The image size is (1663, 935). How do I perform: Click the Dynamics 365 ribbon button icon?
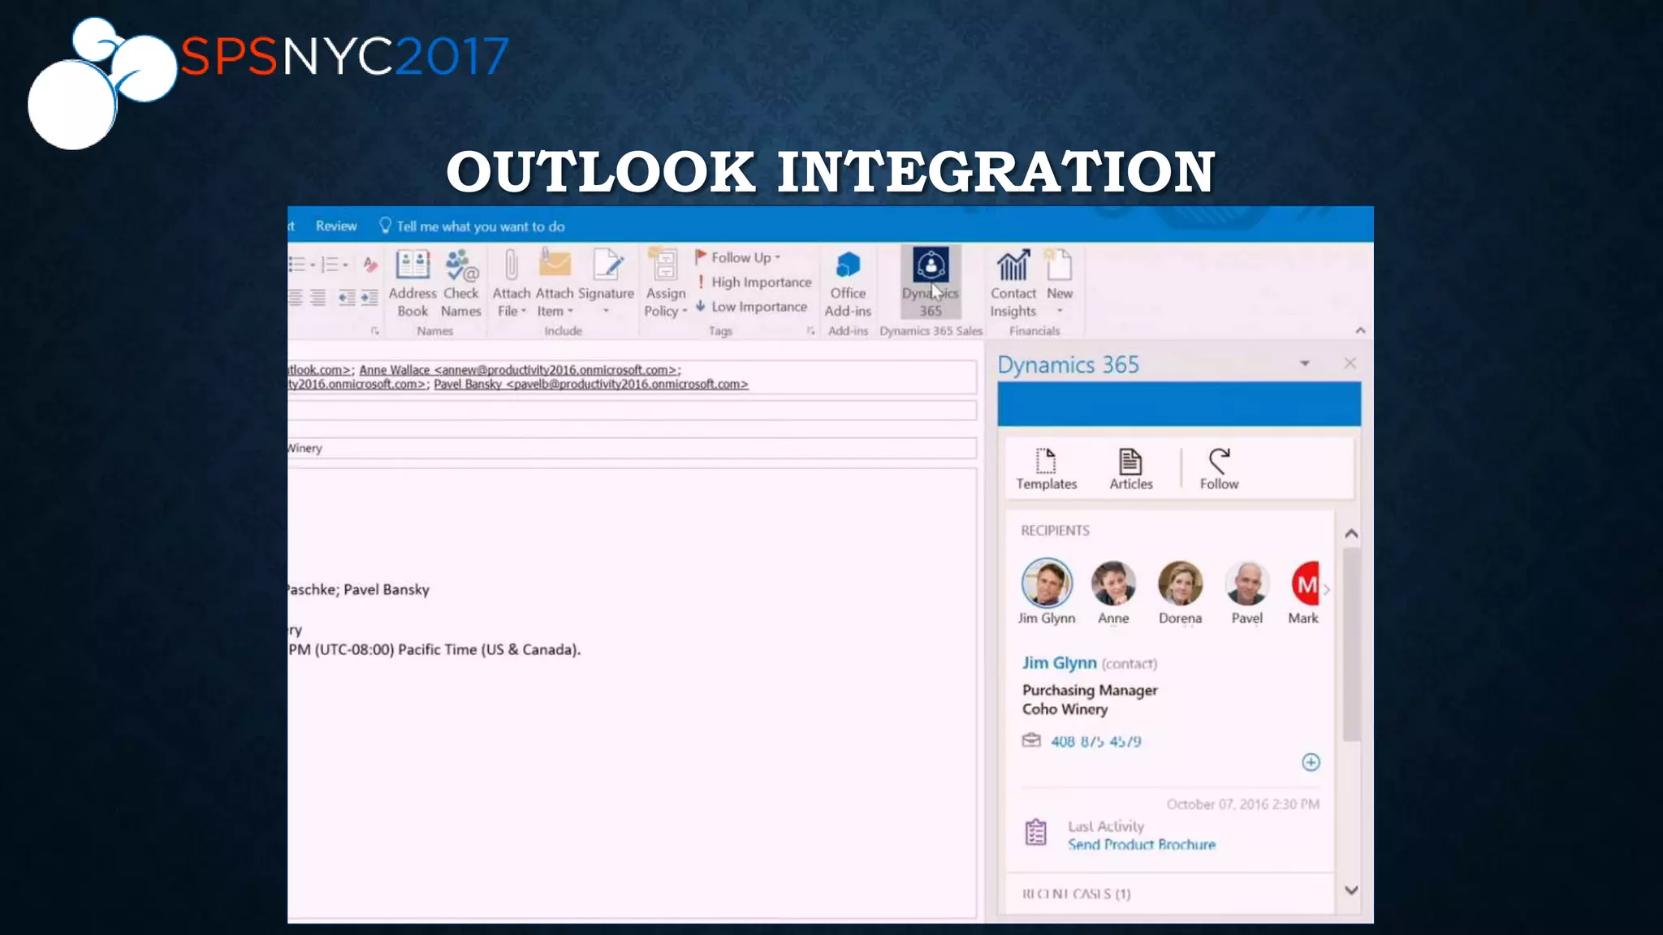931,265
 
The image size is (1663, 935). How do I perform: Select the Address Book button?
413,282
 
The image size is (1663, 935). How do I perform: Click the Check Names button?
461,282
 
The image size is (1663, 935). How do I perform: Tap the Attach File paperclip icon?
511,265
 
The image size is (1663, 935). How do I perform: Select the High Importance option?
754,282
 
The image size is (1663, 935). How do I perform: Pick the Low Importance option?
752,307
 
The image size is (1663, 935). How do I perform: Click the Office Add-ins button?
848,282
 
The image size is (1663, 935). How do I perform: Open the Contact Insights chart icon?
1013,265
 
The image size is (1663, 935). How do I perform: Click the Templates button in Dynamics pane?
1046,469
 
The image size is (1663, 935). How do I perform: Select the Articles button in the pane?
1130,469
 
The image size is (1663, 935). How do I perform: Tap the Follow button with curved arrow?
1219,469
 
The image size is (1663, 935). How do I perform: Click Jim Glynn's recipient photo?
1047,583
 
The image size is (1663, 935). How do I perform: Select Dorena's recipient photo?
1180,583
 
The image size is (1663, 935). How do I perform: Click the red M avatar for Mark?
1305,584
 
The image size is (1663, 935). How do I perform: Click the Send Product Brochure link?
1141,844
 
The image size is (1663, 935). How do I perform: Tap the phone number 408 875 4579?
1095,741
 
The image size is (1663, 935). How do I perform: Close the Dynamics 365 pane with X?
1350,363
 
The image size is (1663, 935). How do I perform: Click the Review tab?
336,226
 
